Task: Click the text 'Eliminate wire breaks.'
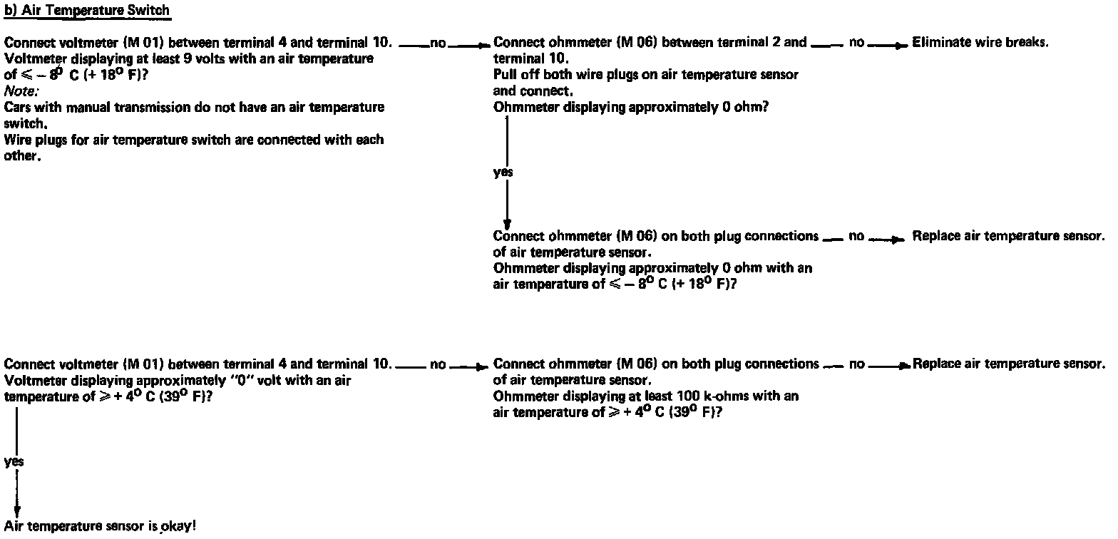[x=980, y=43]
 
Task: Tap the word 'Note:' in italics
[x=21, y=91]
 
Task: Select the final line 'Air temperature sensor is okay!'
[x=100, y=527]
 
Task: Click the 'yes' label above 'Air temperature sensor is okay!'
[x=14, y=462]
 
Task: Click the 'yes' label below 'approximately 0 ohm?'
[x=503, y=173]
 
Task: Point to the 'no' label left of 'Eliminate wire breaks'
[x=856, y=43]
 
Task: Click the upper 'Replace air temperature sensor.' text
[x=1008, y=237]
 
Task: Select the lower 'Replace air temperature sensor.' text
[x=1008, y=364]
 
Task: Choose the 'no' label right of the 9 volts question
[x=438, y=43]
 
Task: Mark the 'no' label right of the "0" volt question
[x=438, y=365]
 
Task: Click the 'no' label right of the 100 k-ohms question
[x=857, y=364]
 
